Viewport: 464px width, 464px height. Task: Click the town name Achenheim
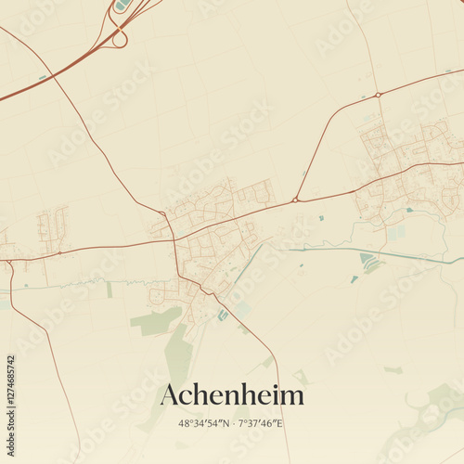232,395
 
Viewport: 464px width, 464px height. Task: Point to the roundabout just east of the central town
295,199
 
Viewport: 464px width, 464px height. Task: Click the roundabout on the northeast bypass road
378,95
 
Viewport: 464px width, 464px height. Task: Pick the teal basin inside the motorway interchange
122,6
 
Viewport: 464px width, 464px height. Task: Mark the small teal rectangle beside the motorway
43,77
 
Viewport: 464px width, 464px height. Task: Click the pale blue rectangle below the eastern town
394,234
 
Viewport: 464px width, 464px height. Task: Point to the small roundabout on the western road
60,251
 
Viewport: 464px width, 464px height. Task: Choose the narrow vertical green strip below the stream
109,290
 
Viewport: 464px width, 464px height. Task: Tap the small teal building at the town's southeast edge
222,316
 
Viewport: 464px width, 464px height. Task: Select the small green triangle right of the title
302,377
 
